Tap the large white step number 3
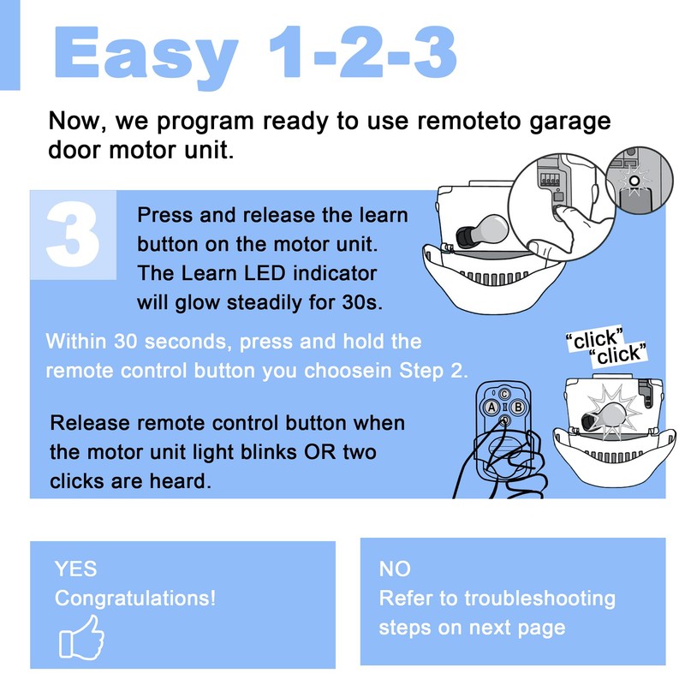73,234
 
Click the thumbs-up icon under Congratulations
81,637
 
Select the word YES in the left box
75,569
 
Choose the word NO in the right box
395,569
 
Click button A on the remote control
491,408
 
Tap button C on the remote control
504,394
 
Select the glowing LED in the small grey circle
634,181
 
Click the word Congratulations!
135,599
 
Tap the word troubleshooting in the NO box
539,599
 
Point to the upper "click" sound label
594,339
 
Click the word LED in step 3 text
265,273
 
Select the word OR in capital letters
320,452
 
